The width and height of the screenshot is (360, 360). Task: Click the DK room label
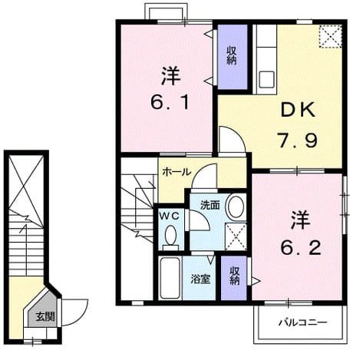pos(298,110)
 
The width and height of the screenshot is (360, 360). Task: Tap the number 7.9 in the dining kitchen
pos(298,140)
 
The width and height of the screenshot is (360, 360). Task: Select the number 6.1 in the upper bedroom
pos(170,102)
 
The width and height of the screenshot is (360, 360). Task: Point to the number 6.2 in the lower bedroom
pos(301,248)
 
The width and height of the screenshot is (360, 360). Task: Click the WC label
pos(169,216)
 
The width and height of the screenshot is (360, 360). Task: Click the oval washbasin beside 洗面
pos(236,206)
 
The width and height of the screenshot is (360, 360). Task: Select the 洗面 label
pos(210,205)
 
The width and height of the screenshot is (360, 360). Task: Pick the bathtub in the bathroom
pos(170,278)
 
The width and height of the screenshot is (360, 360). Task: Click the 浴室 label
pos(200,279)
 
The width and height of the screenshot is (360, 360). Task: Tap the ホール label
pos(177,172)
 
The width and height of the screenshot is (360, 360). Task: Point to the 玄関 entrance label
pos(45,317)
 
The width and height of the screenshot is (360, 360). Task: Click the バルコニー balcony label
pos(302,322)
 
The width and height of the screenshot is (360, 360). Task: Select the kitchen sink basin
pos(266,79)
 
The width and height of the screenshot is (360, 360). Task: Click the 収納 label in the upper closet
pos(232,55)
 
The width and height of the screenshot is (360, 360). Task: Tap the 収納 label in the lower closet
pos(234,276)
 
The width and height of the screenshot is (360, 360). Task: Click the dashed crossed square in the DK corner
pos(331,36)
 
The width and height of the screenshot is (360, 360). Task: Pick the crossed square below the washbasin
pos(236,236)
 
